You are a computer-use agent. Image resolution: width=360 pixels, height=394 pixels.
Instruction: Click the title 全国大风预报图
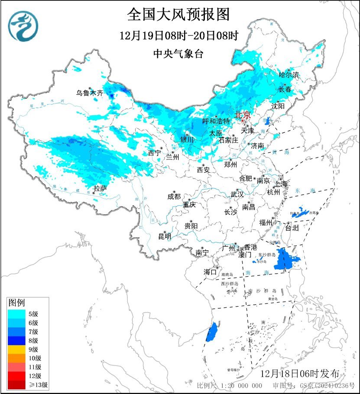[178, 14]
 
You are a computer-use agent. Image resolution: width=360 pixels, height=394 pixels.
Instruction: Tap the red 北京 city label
[242, 115]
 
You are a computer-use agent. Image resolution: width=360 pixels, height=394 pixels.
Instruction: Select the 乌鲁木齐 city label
[90, 93]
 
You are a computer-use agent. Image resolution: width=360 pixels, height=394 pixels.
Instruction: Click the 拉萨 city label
[100, 188]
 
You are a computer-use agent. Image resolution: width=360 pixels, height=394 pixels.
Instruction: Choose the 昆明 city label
[165, 236]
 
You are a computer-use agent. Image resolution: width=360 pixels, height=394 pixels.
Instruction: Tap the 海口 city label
[210, 272]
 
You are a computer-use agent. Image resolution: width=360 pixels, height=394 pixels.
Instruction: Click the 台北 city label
[292, 227]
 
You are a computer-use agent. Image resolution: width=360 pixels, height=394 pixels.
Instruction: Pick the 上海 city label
[281, 184]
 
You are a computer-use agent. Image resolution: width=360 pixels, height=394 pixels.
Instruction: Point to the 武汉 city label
[237, 194]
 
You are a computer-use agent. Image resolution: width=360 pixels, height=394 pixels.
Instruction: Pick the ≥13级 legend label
[39, 384]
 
